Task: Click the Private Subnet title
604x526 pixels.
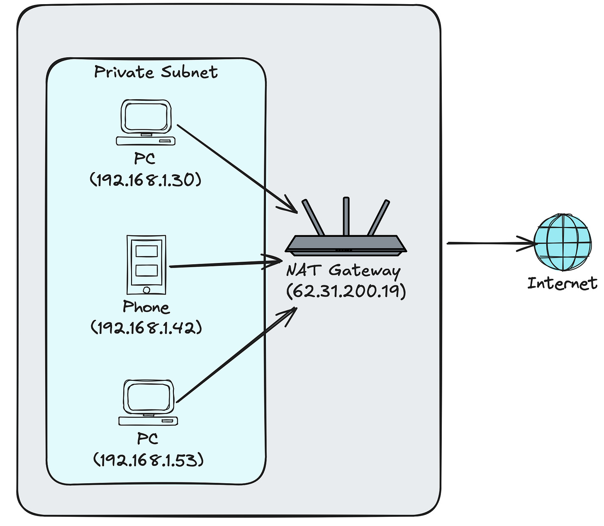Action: point(156,72)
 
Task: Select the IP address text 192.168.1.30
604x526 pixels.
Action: point(146,180)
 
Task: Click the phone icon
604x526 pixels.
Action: point(146,264)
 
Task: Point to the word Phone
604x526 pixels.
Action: point(146,307)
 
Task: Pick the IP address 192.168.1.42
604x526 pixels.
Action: point(146,327)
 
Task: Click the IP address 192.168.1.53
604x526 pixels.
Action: point(148,460)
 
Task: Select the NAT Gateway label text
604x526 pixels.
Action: point(343,271)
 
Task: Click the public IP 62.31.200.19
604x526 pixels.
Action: point(346,291)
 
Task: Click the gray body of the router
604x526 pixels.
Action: point(346,244)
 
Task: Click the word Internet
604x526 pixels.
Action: point(562,283)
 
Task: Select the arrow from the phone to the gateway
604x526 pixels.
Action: point(224,264)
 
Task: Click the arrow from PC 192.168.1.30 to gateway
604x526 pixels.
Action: point(236,167)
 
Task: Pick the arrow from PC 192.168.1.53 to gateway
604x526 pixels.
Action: point(236,355)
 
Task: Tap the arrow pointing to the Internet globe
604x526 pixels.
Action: point(490,244)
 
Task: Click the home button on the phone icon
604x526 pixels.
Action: point(146,289)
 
